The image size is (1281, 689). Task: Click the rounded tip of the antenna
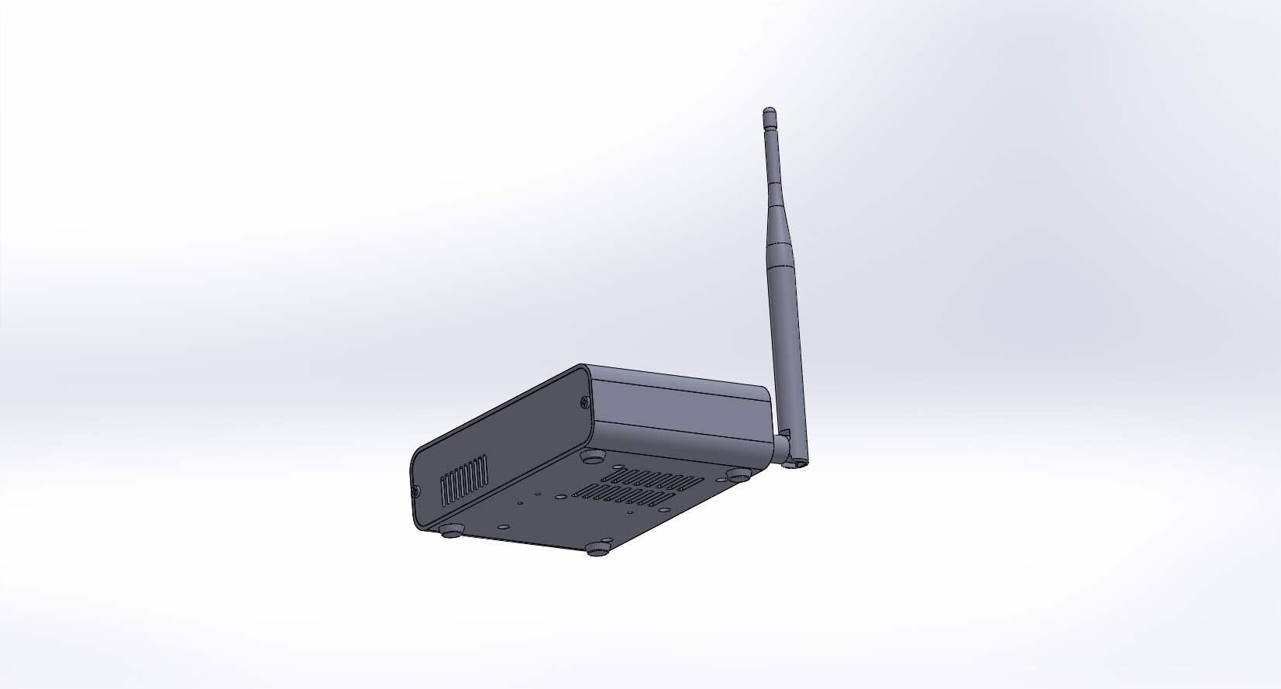click(769, 112)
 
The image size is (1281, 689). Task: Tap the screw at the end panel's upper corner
click(584, 401)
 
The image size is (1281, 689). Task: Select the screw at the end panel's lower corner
click(416, 490)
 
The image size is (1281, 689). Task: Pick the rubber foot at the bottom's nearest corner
click(597, 549)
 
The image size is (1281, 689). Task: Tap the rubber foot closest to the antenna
click(737, 475)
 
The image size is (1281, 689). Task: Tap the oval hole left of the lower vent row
click(558, 494)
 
